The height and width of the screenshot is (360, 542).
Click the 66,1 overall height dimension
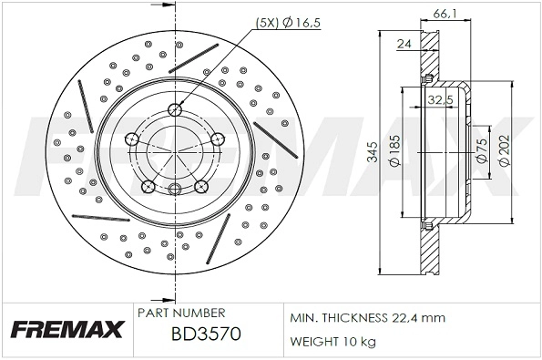click(441, 11)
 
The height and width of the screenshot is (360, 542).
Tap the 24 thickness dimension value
click(403, 43)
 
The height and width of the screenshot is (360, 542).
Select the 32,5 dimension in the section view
click(441, 100)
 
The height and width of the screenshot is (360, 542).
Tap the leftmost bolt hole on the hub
click(131, 139)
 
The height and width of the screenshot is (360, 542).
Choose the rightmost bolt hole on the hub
click(218, 139)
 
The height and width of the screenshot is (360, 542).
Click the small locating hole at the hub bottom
click(174, 189)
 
